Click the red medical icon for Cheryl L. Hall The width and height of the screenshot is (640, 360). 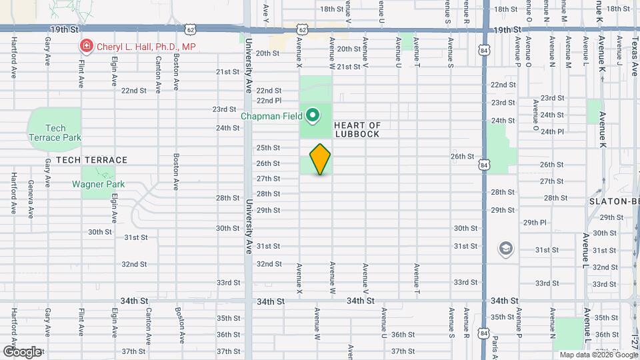coord(85,46)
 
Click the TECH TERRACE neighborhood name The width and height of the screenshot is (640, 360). coord(91,160)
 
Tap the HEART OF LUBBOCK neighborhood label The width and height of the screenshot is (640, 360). coord(357,129)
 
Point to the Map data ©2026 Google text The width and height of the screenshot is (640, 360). coord(598,355)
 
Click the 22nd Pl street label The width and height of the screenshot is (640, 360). coord(269,101)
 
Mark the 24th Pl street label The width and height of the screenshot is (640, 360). coord(552,131)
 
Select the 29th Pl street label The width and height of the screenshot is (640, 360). coord(535,223)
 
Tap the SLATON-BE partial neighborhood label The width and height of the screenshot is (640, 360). coord(614,201)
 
